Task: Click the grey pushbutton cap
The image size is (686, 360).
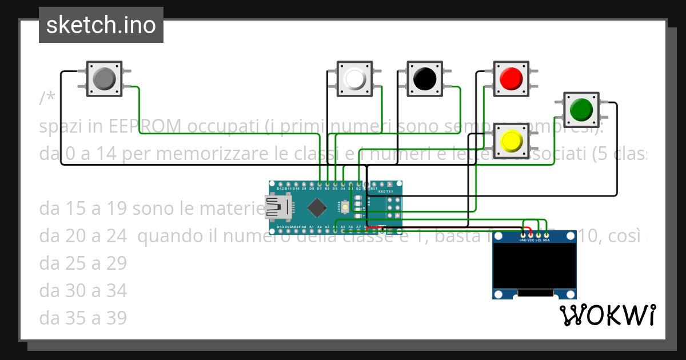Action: click(x=103, y=78)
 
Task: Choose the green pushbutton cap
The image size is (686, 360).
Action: click(x=581, y=109)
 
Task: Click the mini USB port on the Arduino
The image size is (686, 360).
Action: click(x=277, y=208)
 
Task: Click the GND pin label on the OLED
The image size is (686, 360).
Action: click(x=523, y=240)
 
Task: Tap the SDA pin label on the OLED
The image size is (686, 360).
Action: click(x=547, y=240)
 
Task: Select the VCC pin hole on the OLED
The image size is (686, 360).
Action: click(x=531, y=234)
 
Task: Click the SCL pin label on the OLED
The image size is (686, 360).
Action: click(x=539, y=240)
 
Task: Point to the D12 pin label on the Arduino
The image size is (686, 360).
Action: click(x=280, y=188)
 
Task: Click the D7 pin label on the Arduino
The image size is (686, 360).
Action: click(x=320, y=188)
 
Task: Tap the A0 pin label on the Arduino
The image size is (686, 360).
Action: click(x=304, y=227)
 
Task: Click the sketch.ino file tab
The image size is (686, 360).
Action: click(x=101, y=25)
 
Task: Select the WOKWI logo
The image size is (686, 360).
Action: click(x=607, y=315)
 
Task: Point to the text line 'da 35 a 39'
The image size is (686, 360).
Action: click(x=83, y=318)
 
